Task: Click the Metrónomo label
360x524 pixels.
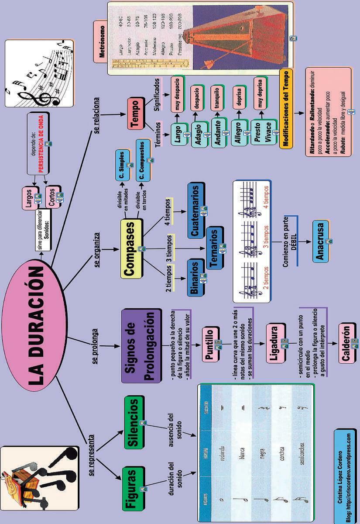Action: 102,40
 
